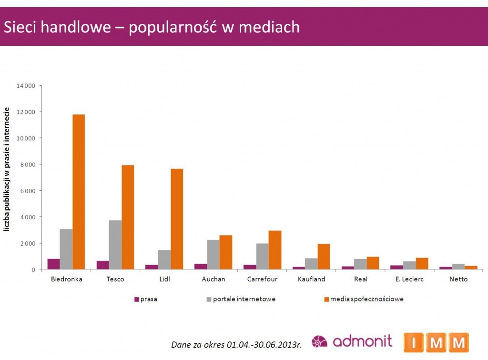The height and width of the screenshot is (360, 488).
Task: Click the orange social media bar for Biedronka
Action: tap(79, 192)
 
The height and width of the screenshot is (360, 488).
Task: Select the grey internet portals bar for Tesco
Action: tap(115, 245)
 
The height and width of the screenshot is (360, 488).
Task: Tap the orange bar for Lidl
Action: tap(177, 219)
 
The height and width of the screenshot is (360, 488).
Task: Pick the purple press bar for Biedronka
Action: tap(53, 264)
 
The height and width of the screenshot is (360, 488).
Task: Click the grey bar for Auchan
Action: tap(213, 255)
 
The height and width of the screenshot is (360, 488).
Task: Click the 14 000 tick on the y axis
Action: tap(26, 86)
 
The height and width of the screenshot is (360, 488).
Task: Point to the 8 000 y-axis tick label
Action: tap(28, 165)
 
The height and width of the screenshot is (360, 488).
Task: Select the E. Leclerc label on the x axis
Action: tap(409, 279)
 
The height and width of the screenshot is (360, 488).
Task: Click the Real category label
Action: tap(361, 279)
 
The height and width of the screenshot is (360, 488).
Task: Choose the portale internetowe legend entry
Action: tap(241, 299)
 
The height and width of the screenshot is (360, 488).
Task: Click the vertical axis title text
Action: tap(8, 170)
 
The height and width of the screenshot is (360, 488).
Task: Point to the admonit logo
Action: tap(352, 341)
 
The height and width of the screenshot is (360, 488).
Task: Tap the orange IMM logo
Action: tap(436, 342)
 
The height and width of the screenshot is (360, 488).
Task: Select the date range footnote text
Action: tap(236, 344)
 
